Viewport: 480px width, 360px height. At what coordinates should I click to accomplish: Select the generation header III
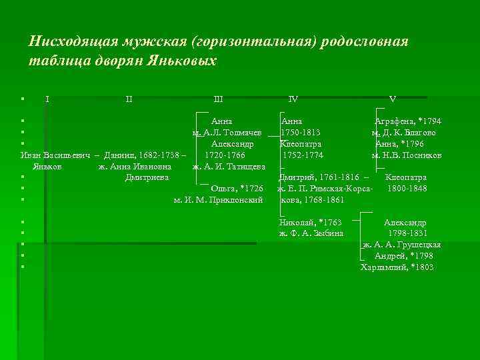[x=218, y=99]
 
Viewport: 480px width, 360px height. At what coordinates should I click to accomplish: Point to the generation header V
[x=393, y=99]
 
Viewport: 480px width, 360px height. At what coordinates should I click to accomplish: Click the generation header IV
[x=293, y=99]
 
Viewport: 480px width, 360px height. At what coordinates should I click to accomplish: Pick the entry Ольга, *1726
[x=237, y=189]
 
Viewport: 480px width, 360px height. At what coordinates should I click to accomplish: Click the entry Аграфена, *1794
[x=407, y=121]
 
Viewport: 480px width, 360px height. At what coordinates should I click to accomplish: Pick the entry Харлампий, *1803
[x=397, y=267]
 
